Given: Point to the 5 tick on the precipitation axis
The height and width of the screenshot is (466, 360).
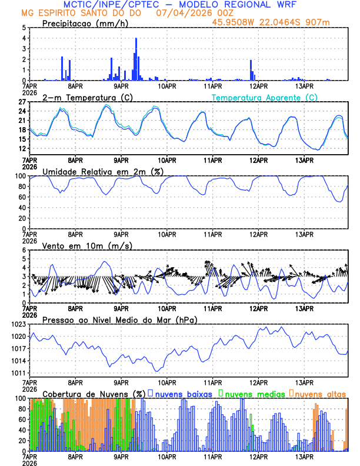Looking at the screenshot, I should [x=23, y=28].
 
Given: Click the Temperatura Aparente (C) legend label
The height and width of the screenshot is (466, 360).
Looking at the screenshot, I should [x=265, y=97].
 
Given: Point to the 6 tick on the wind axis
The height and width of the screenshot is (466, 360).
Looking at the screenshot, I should [x=23, y=250].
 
